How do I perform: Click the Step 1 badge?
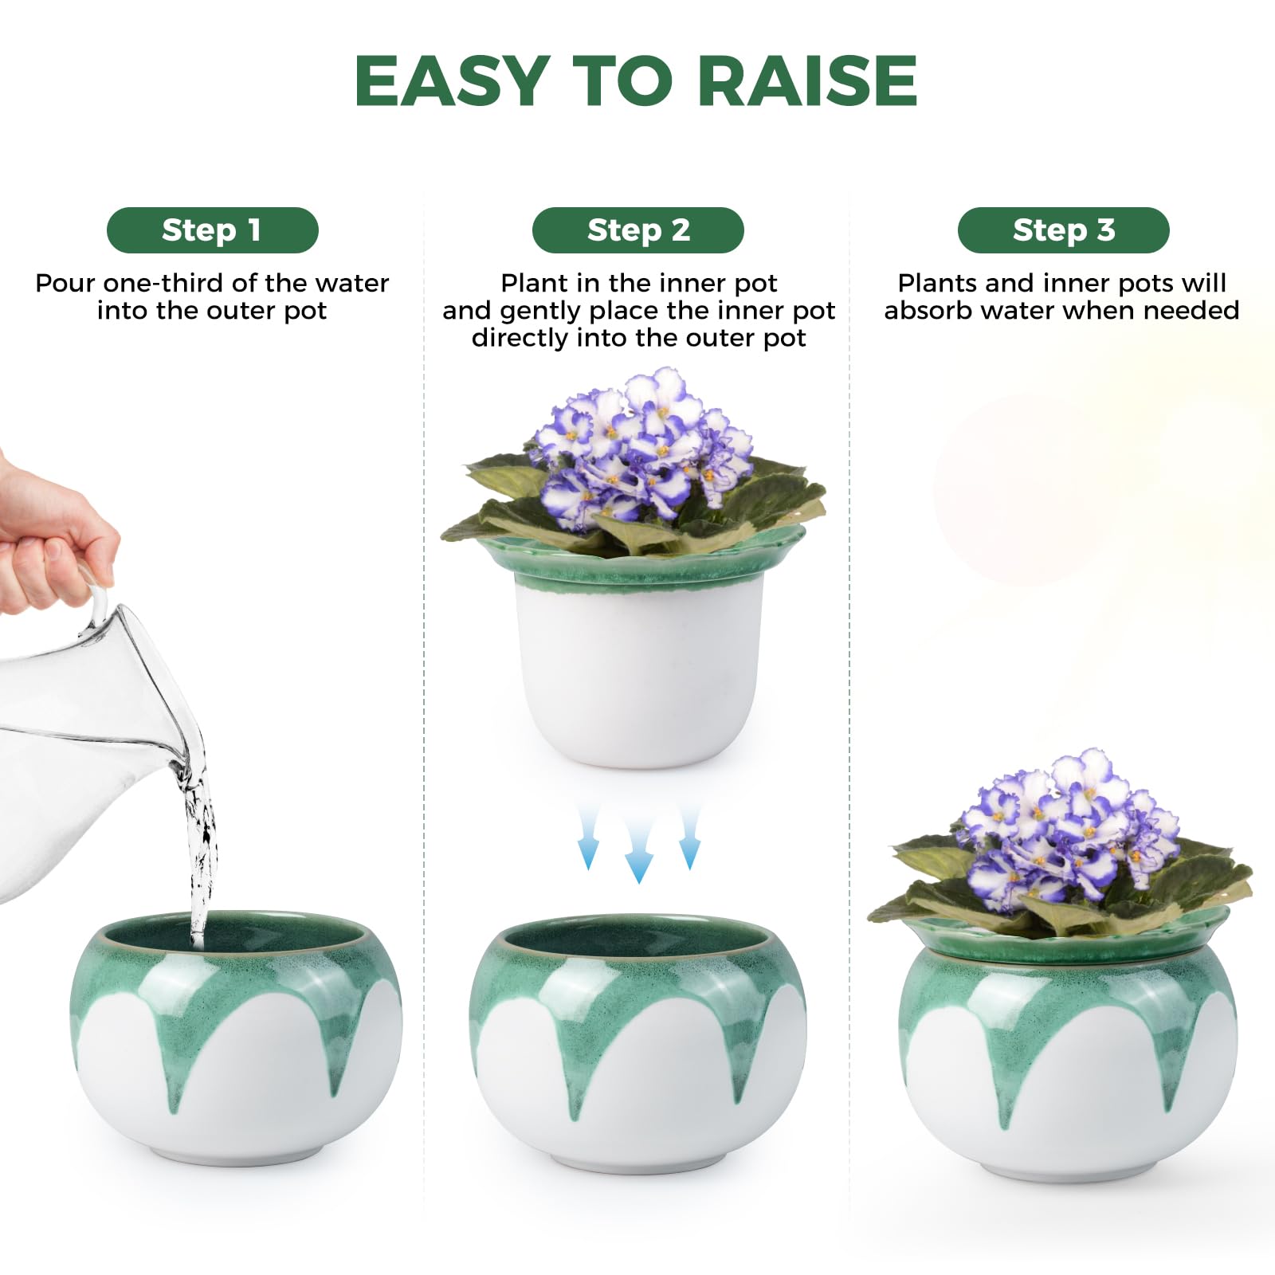[212, 230]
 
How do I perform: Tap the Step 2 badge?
[637, 230]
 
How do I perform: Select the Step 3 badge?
[1063, 230]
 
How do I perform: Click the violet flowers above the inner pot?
[641, 450]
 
